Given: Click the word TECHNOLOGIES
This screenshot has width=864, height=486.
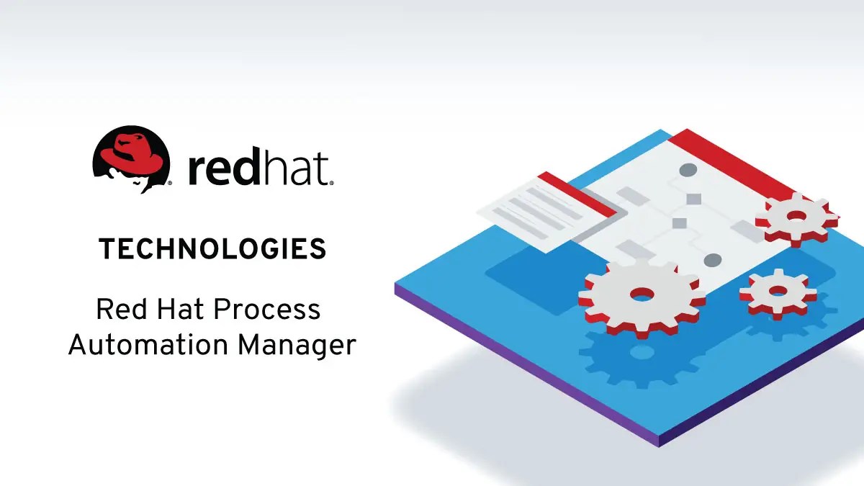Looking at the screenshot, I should coord(212,250).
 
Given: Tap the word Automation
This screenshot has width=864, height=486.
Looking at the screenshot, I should coord(148,346).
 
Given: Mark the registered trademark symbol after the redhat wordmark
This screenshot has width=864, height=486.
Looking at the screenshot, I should coord(332,183).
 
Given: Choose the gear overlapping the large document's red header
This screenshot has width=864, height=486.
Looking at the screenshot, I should coord(796,216).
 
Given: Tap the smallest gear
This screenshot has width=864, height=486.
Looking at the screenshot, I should coord(778,291).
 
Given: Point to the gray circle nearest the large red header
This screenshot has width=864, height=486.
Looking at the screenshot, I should coord(689,171).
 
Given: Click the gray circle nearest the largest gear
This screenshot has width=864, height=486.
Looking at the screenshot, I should coord(712,260).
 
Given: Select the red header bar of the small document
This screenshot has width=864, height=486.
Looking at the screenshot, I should coord(576,193).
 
